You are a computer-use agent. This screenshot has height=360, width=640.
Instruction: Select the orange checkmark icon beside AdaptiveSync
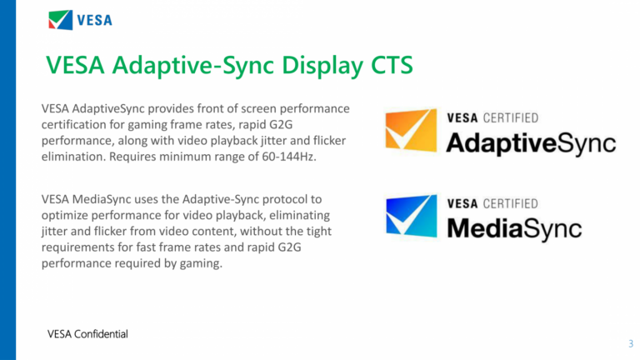point(410,129)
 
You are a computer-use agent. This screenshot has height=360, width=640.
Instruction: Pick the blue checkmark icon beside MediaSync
point(410,216)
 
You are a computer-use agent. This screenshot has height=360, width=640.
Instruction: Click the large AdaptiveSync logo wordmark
point(531,142)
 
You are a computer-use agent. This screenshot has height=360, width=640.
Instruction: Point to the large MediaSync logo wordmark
point(513,227)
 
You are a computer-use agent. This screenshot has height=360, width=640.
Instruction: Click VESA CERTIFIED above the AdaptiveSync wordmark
point(492,117)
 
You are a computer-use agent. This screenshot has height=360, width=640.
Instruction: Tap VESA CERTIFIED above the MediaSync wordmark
point(492,203)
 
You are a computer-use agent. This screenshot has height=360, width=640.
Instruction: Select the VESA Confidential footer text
point(87,334)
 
